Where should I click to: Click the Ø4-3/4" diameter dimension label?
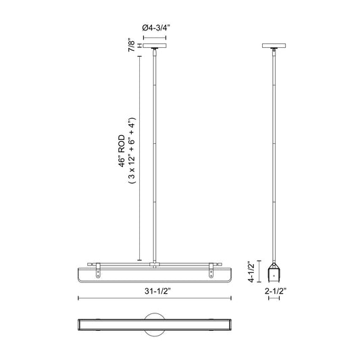(156, 28)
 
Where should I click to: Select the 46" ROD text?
(122, 151)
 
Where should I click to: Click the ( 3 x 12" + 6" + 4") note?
(132, 151)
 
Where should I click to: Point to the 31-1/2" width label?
(158, 291)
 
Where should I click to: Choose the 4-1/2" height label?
(251, 272)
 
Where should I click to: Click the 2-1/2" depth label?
(276, 291)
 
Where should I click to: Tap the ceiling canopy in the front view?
(155, 45)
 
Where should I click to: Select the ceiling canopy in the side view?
(274, 45)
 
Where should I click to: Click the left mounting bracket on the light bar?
(98, 270)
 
